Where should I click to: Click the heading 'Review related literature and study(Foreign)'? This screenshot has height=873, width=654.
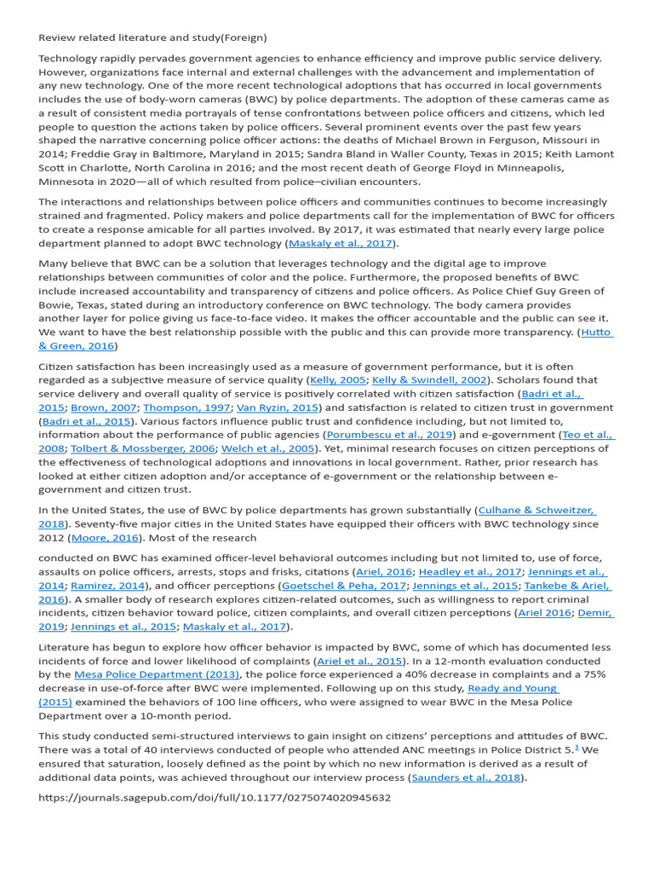152,38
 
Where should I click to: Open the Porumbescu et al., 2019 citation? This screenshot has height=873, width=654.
391,435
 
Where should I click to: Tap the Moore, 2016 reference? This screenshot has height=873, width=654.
106,538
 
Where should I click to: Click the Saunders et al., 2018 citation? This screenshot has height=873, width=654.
467,778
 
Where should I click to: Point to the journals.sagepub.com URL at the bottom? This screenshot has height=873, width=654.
215,798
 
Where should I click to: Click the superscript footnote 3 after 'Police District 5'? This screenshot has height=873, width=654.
577,748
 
